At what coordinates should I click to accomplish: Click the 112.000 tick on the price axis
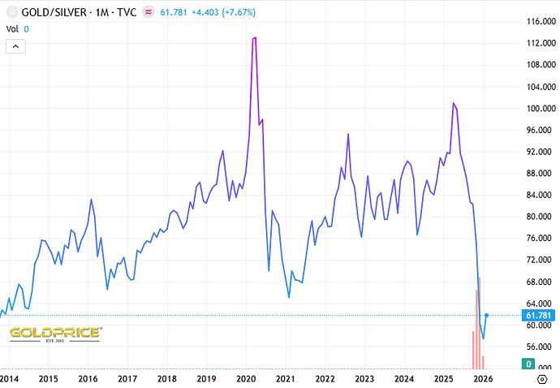pyautogui.click(x=539, y=44)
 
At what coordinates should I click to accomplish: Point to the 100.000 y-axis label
pyautogui.click(x=539, y=109)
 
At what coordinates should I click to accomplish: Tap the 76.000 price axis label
pyautogui.click(x=539, y=239)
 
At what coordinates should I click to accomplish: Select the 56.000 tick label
pyautogui.click(x=539, y=347)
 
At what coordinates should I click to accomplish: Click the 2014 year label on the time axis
pyautogui.click(x=9, y=379)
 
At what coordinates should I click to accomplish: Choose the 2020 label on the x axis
pyautogui.click(x=246, y=379)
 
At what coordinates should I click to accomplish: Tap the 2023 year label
pyautogui.click(x=364, y=379)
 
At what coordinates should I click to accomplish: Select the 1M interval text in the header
pyautogui.click(x=113, y=12)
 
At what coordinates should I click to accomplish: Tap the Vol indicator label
pyautogui.click(x=12, y=28)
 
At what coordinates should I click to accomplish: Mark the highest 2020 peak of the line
pyautogui.click(x=255, y=37)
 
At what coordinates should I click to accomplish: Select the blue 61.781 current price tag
pyautogui.click(x=539, y=315)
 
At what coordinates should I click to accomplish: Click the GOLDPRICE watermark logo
pyautogui.click(x=55, y=334)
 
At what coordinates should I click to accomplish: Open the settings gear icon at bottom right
pyautogui.click(x=542, y=379)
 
